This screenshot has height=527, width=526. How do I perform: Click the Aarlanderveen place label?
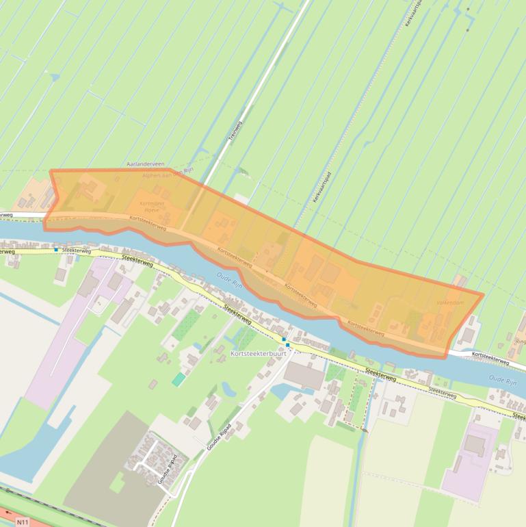tap(146, 165)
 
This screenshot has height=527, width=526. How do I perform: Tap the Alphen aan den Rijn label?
tap(168, 174)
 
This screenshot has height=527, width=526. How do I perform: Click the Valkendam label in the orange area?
tap(449, 303)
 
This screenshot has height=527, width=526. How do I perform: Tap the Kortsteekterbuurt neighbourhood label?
tap(258, 354)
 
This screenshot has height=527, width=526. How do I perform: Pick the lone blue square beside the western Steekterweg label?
tap(56, 250)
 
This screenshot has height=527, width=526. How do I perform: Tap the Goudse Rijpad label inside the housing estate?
tap(168, 470)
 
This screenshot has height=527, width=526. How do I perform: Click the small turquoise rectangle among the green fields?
tap(179, 379)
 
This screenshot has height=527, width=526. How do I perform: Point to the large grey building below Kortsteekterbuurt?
tap(304, 375)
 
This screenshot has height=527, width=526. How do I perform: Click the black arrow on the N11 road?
tap(8, 511)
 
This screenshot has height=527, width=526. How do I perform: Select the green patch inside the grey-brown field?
tap(117, 483)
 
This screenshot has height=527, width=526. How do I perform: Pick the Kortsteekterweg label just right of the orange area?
tap(490, 359)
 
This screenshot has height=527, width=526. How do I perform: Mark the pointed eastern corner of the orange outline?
tap(484, 295)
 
